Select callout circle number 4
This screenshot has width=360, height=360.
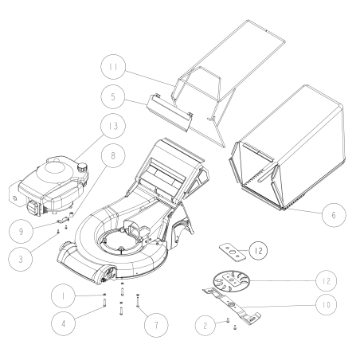pyautogui.click(x=66, y=326)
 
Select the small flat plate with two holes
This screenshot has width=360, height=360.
pyautogui.click(x=230, y=252)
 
